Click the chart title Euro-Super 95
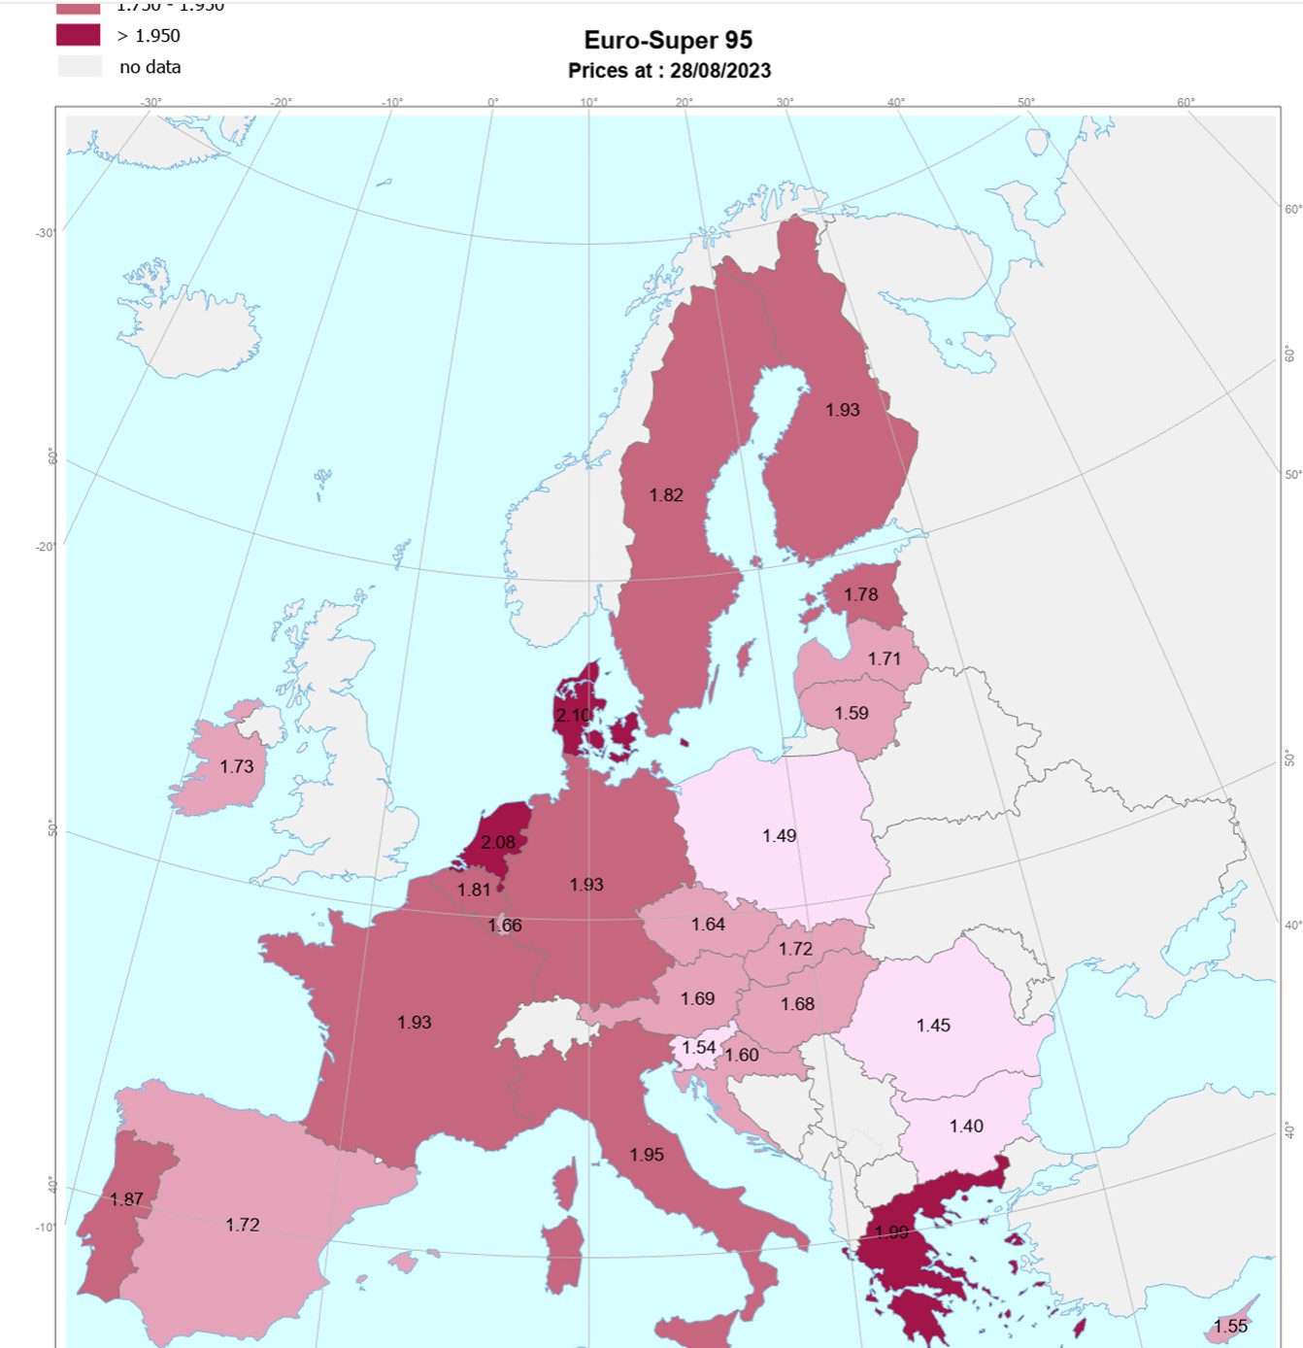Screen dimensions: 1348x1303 [x=668, y=40]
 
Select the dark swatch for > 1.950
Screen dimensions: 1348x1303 [x=78, y=35]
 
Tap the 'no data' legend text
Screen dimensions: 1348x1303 [x=150, y=67]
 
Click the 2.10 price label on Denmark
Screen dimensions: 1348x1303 [x=573, y=715]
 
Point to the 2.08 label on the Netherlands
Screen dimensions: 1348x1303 [x=498, y=842]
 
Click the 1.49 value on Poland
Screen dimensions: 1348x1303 [x=779, y=835]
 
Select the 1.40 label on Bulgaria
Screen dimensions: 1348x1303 [x=966, y=1126]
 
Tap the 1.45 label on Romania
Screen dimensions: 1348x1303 [x=933, y=1025]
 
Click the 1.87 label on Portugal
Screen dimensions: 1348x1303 [x=126, y=1198]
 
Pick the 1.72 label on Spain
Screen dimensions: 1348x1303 [x=242, y=1225]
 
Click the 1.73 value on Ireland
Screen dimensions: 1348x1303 [x=236, y=766]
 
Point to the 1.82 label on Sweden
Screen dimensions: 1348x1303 [x=666, y=494]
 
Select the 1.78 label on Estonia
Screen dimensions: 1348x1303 [x=860, y=594]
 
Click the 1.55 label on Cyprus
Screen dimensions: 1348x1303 [x=1230, y=1326]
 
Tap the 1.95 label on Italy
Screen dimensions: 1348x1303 [x=647, y=1154]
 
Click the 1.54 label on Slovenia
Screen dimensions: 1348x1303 [x=698, y=1047]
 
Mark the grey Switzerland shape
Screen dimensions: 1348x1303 [x=547, y=1028]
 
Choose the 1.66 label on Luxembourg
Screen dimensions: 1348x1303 [x=505, y=925]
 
